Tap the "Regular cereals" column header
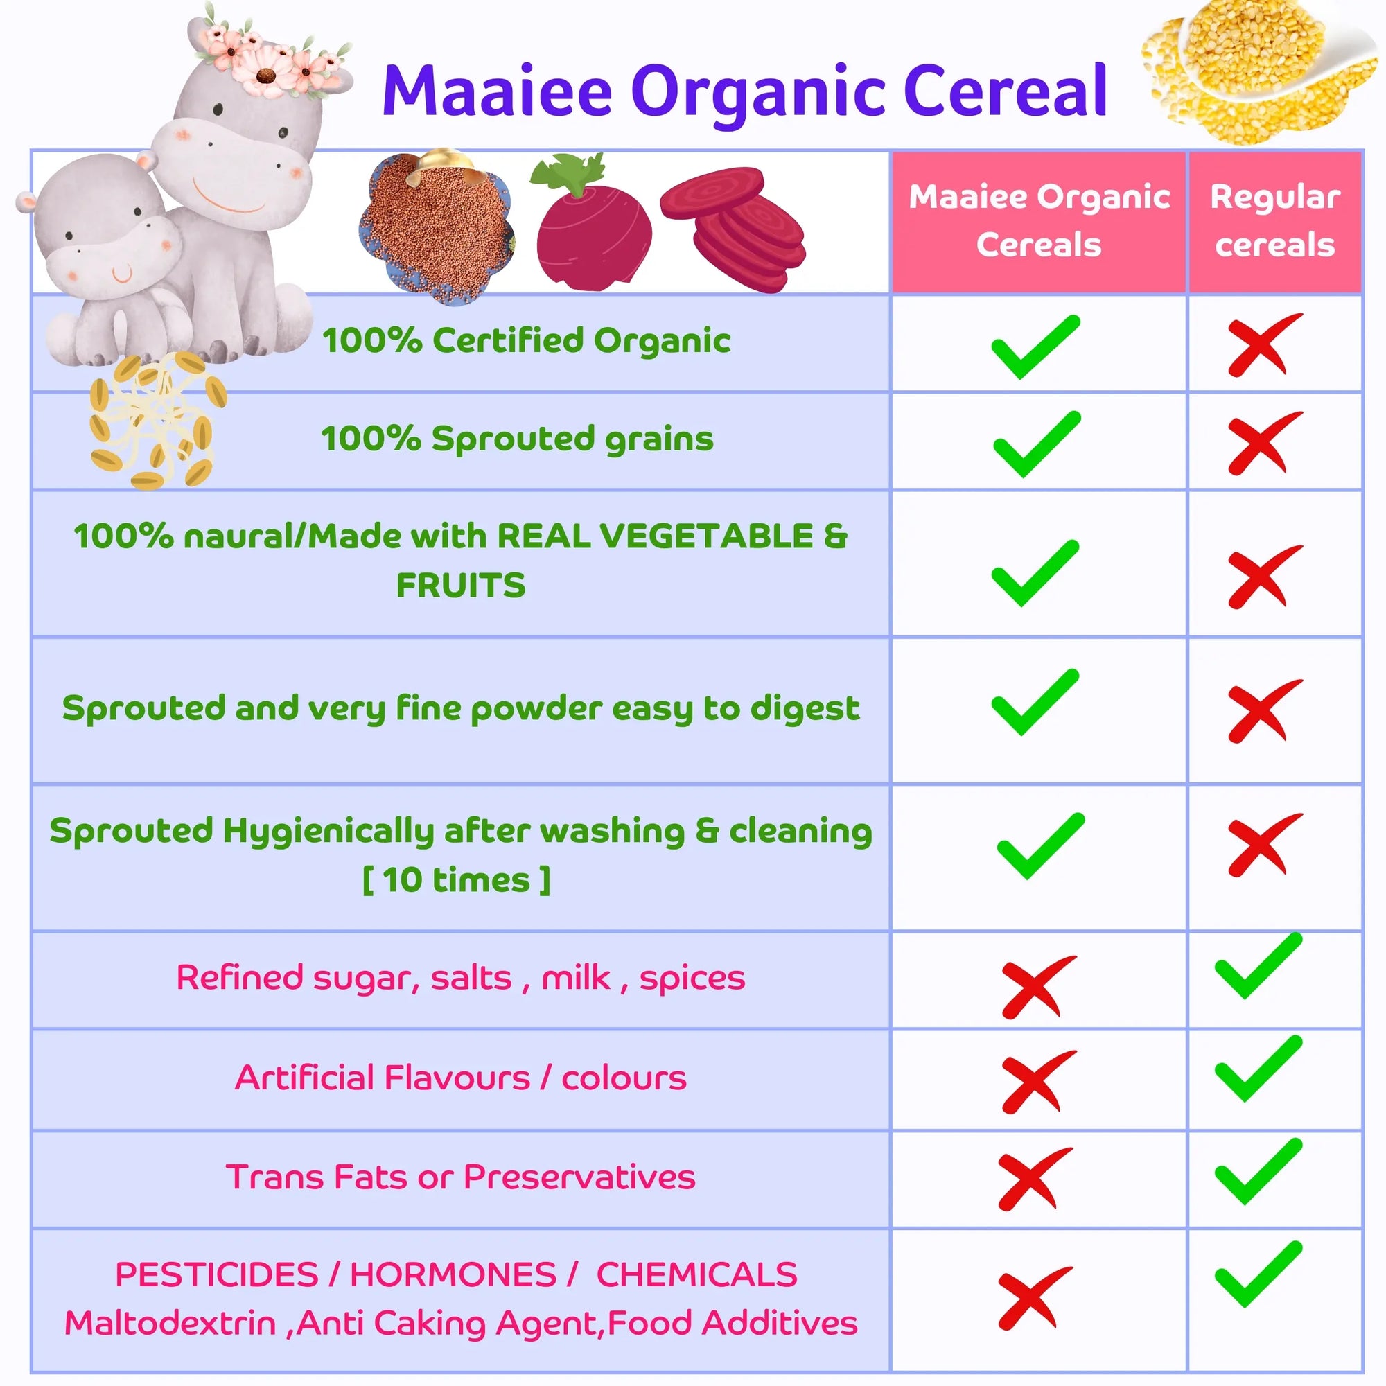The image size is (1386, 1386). (x=1275, y=221)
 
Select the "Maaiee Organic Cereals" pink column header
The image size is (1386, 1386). (x=1039, y=221)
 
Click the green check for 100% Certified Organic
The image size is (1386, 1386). (x=1035, y=346)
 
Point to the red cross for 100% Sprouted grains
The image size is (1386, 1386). (x=1264, y=443)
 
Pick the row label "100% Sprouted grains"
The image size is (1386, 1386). (x=517, y=439)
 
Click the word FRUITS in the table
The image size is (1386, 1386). (x=461, y=586)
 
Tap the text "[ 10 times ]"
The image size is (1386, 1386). (x=456, y=879)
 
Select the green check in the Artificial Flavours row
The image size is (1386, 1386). (x=1258, y=1068)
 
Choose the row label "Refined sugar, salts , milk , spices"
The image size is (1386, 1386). (x=461, y=978)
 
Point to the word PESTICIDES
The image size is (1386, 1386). (x=216, y=1275)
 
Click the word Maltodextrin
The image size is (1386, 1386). (x=170, y=1323)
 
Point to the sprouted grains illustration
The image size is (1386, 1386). (x=157, y=420)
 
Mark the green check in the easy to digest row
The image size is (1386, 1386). (x=1035, y=701)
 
